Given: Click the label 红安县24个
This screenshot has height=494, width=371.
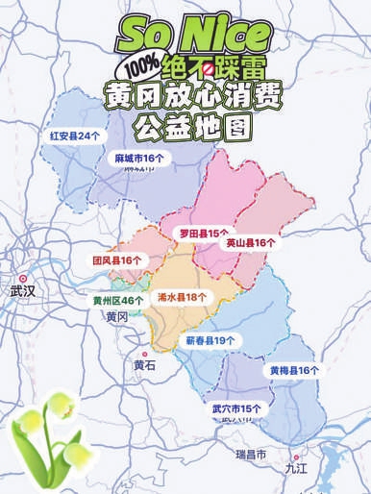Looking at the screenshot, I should pos(75,136).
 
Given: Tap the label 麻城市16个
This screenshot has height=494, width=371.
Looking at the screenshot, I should pos(139,156).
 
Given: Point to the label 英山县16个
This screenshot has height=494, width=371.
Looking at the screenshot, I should pos(251,243).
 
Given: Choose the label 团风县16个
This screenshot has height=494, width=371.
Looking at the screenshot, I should pos(116,260).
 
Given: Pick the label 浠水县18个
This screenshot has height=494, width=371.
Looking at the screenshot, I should pos(182,297).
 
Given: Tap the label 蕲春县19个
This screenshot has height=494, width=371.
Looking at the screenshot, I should pos(210,340).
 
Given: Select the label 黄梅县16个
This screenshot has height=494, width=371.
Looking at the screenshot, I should pos(294,370).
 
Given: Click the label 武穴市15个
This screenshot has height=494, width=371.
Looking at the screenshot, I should pos(236,408).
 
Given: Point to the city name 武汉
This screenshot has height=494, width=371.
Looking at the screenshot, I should pos(21,289).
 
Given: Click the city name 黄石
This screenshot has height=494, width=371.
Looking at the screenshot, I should pos(144,365).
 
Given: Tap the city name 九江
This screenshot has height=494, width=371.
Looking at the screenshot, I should pos(296,468).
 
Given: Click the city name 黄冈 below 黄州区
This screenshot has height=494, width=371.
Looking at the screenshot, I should pos(116,317).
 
